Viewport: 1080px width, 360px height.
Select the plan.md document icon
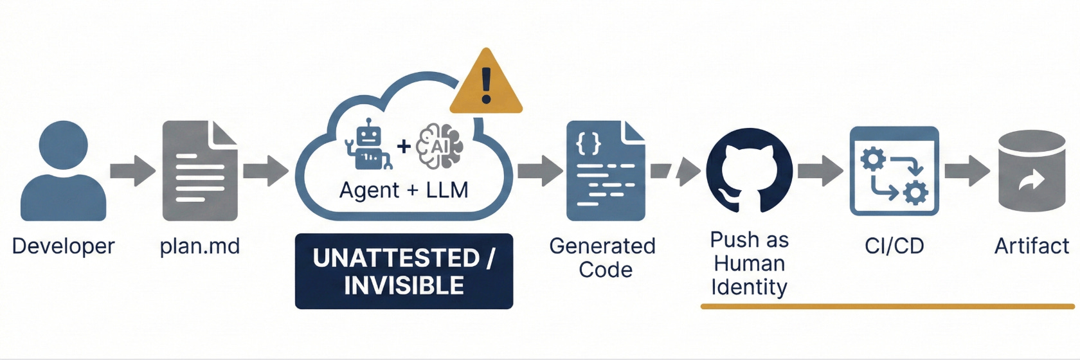pos(200,171)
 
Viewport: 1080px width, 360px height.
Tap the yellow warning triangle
pos(486,84)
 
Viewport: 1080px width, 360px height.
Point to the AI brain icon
pos(440,146)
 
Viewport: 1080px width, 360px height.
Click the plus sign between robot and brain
pos(404,147)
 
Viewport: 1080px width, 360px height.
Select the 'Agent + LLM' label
pos(404,190)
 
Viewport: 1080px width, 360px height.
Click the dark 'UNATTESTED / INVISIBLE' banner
pos(404,271)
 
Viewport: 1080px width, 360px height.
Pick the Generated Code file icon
pos(605,171)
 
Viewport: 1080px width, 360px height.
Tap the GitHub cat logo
pos(749,171)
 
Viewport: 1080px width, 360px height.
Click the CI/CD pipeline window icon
pos(894,171)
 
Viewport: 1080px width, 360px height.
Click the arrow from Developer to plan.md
pos(132,171)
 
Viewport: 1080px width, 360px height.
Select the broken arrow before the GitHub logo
pos(676,171)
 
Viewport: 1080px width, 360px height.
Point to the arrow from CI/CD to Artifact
pos(967,171)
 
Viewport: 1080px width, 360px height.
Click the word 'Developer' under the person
pos(63,246)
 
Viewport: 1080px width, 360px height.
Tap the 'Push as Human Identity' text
pos(749,264)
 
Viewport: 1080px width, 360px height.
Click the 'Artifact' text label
pos(1031,246)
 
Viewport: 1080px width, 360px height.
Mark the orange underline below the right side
pos(887,307)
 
